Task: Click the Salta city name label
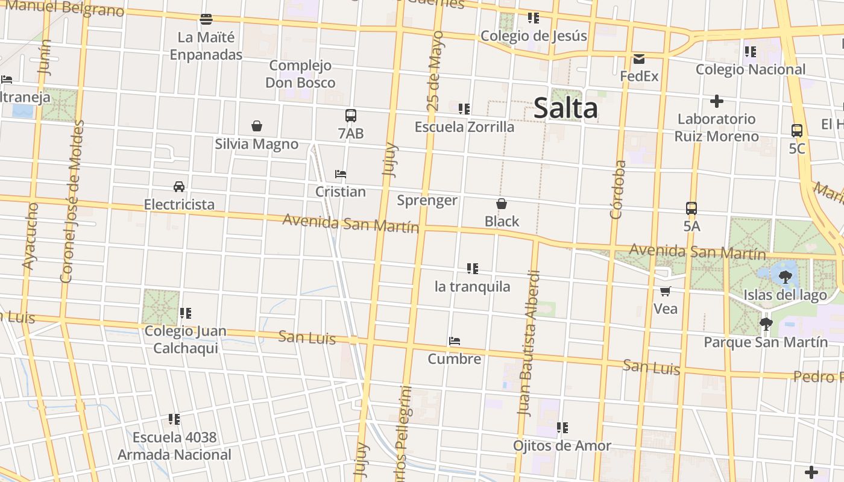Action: point(565,108)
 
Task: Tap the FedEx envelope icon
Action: point(639,59)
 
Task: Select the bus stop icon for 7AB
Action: point(351,116)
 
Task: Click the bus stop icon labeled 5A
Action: point(691,208)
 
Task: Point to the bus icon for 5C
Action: point(797,130)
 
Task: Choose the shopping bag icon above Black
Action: point(501,204)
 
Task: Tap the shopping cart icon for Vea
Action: point(666,292)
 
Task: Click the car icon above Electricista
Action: point(179,186)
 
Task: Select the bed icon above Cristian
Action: point(341,174)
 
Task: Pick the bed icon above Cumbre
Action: point(455,341)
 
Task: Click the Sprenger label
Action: point(427,200)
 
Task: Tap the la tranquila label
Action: point(473,286)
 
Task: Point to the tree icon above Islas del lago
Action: point(785,277)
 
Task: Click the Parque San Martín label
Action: point(766,342)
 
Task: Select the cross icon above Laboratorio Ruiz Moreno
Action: point(716,101)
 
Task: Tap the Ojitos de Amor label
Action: point(562,446)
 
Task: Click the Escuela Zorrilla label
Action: point(464,127)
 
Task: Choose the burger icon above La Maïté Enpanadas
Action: point(206,19)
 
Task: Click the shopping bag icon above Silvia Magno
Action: point(257,126)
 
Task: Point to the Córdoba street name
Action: point(616,189)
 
